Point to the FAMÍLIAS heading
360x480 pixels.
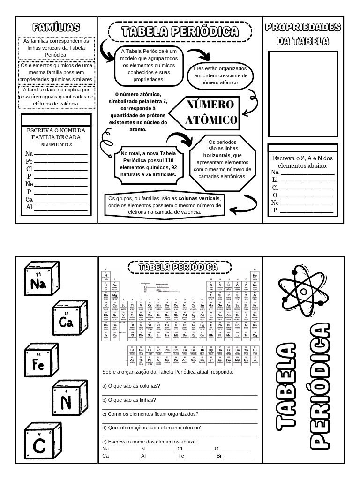point(56,28)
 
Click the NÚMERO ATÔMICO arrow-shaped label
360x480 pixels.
point(206,112)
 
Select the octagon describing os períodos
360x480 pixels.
point(223,159)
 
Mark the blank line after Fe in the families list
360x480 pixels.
point(61,161)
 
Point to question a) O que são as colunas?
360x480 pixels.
point(131,386)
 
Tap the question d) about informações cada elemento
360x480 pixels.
point(152,427)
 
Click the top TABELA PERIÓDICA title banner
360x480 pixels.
point(180,31)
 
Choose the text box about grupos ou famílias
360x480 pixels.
point(164,205)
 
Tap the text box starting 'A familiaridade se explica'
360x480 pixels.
point(56,97)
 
